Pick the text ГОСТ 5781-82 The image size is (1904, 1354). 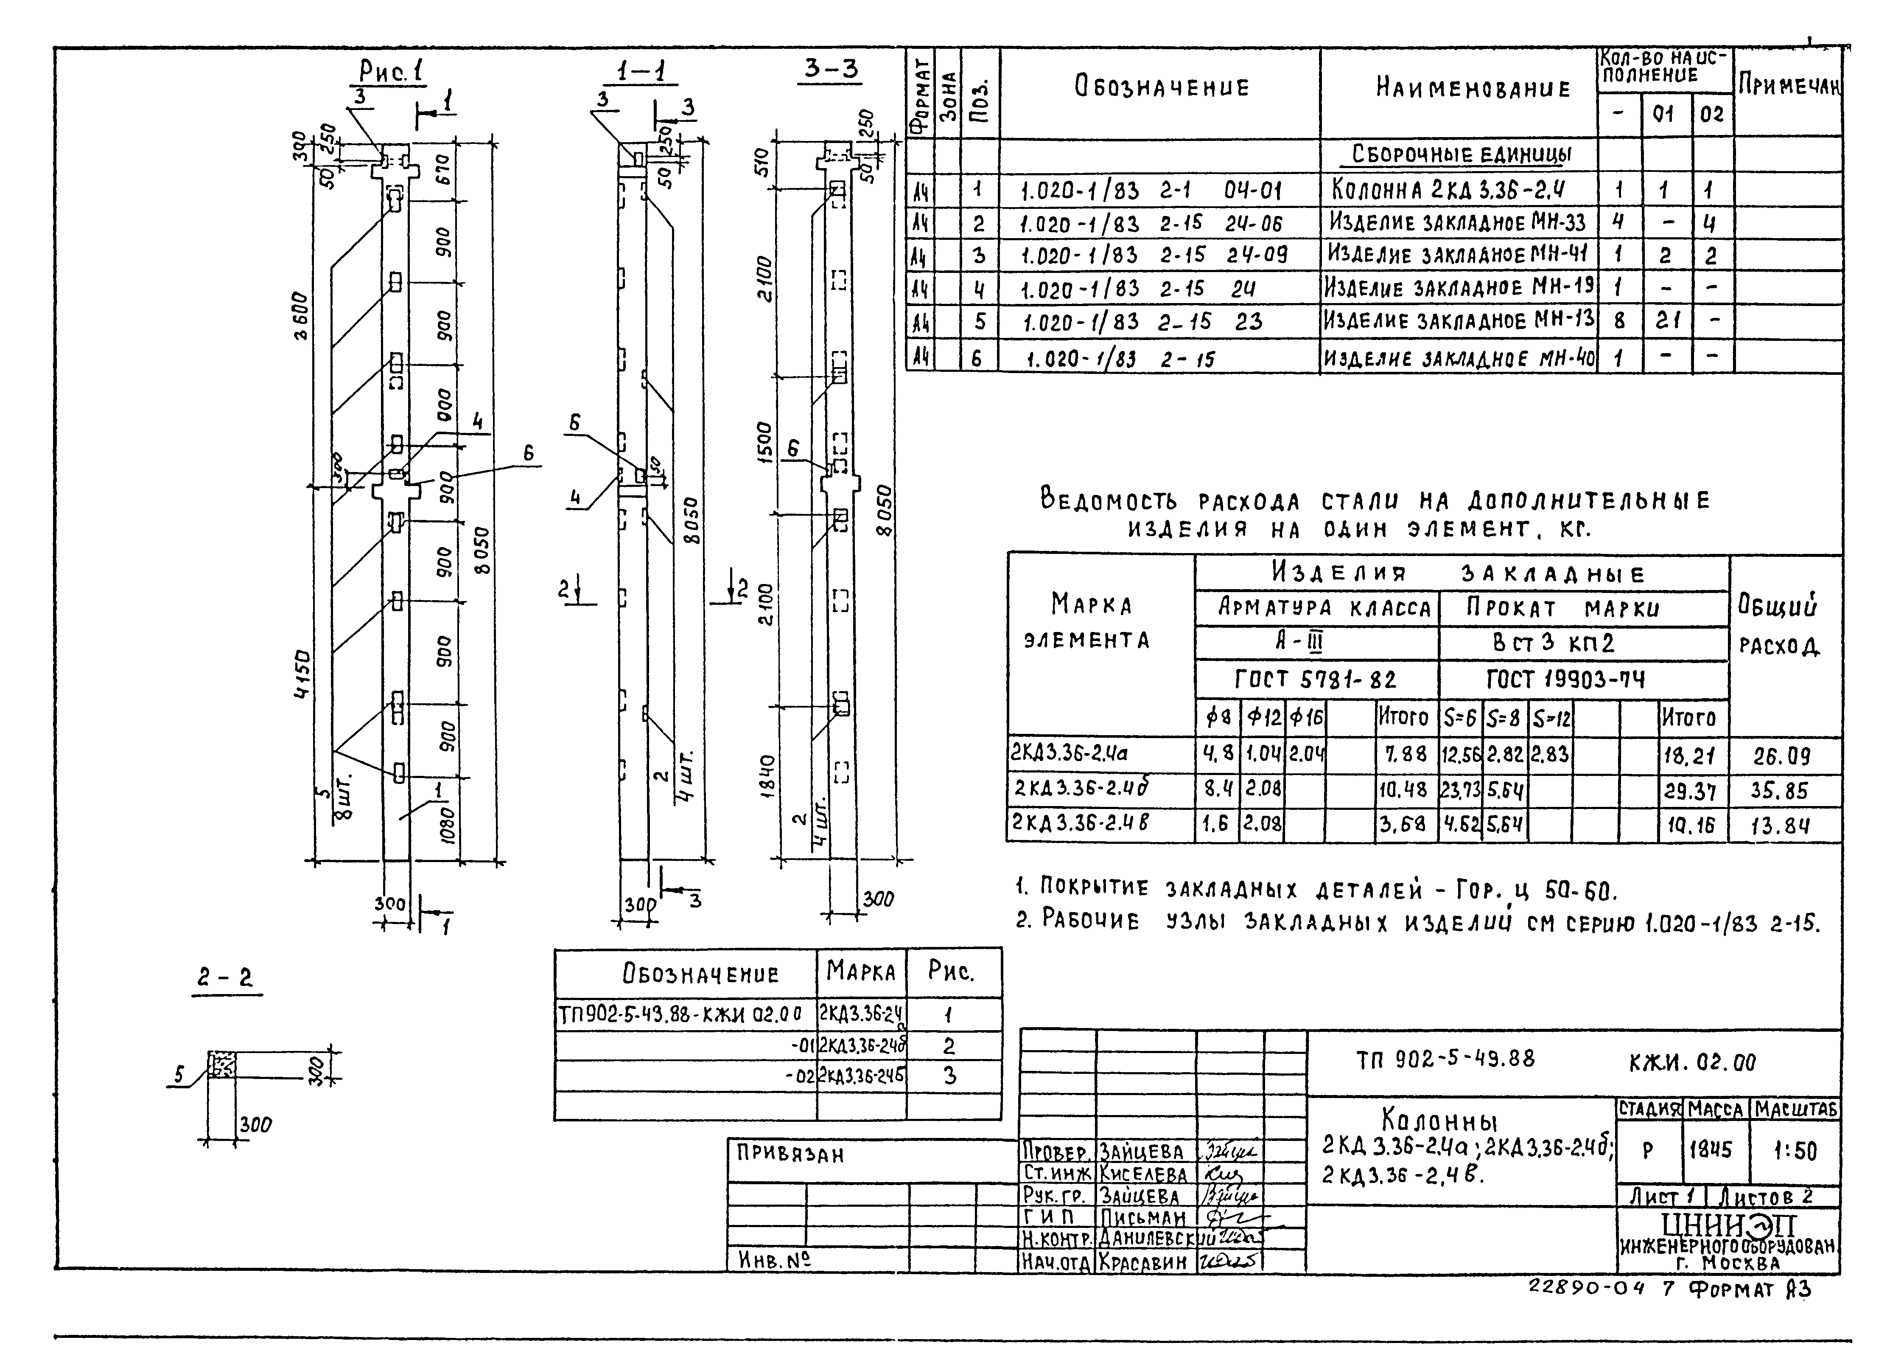point(1316,680)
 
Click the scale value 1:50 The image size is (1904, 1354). point(1795,1152)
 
